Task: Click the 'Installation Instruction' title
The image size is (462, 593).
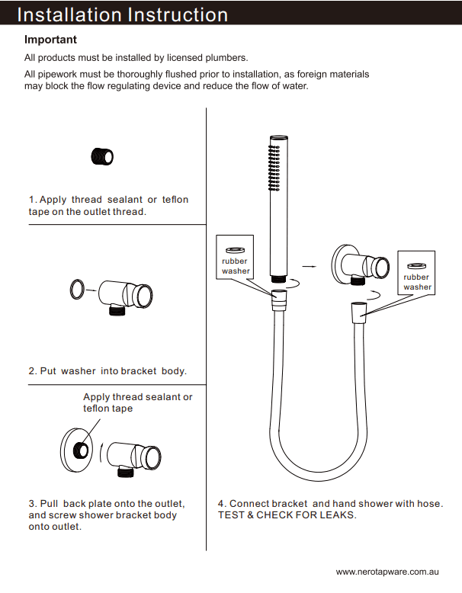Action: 122,14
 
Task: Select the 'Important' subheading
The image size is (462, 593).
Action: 50,40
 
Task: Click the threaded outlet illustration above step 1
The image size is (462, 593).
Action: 103,156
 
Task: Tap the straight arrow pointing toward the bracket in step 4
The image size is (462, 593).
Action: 308,266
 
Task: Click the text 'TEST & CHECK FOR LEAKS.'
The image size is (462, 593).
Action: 287,515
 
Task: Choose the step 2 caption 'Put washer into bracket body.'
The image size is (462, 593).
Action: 107,371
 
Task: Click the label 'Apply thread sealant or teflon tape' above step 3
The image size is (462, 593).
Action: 137,402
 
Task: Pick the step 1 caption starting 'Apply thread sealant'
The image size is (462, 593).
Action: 108,205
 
